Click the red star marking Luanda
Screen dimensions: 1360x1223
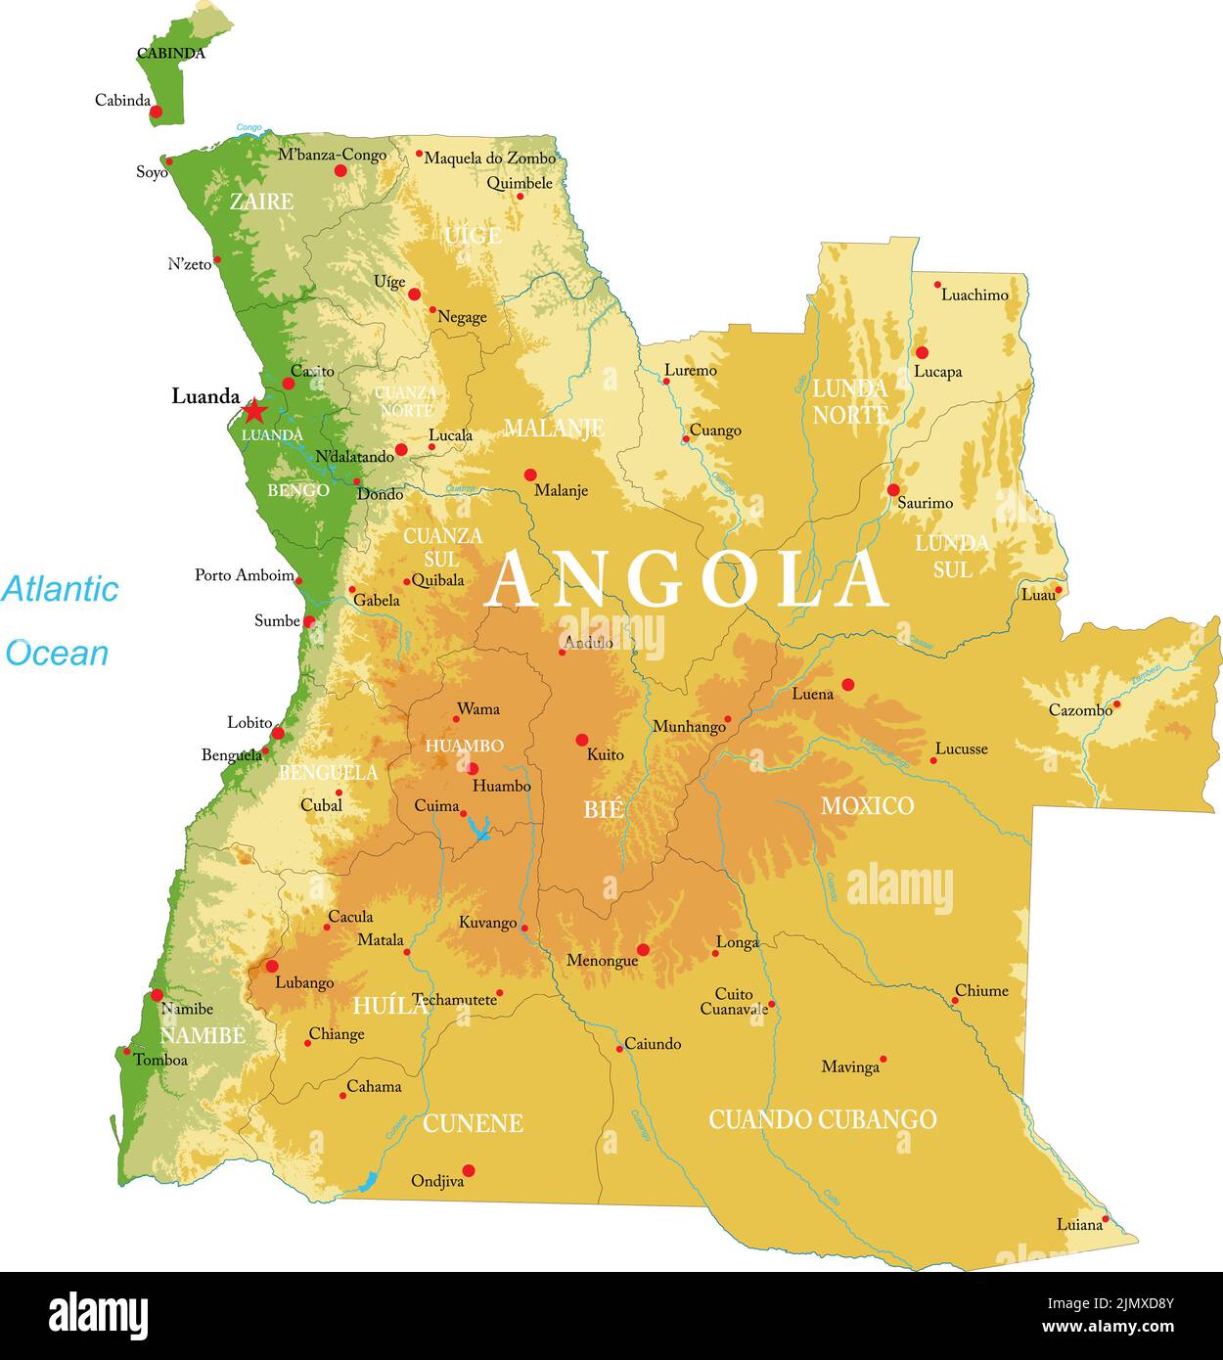[x=254, y=410]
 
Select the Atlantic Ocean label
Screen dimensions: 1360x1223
[x=59, y=620]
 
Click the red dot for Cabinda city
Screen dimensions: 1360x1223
[x=156, y=113]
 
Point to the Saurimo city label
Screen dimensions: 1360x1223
[x=925, y=503]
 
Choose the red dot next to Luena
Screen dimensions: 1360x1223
[x=847, y=685]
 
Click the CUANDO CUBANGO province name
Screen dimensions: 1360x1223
[x=822, y=1119]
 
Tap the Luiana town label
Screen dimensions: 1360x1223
[x=1078, y=1224]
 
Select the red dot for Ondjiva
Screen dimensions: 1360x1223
[x=469, y=1170]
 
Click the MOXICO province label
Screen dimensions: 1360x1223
[x=867, y=806]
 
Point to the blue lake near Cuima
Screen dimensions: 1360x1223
[x=478, y=829]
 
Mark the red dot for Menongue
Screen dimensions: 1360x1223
[x=643, y=949]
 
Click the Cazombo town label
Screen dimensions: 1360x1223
[x=1080, y=710]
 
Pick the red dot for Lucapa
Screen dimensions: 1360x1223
[x=922, y=352]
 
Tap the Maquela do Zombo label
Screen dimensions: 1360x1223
[x=489, y=158]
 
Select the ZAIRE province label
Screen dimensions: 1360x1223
[x=261, y=202]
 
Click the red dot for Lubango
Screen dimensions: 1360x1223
[x=272, y=966]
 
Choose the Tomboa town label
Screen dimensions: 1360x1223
[x=160, y=1060]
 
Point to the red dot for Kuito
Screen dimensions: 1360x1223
[x=582, y=740]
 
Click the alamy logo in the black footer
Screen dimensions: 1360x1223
[x=98, y=1316]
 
